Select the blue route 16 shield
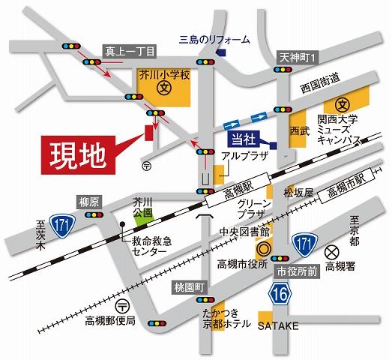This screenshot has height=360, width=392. click(x=280, y=292)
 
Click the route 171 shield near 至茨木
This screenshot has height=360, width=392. click(x=61, y=222)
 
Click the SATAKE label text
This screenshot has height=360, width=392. click(x=278, y=328)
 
